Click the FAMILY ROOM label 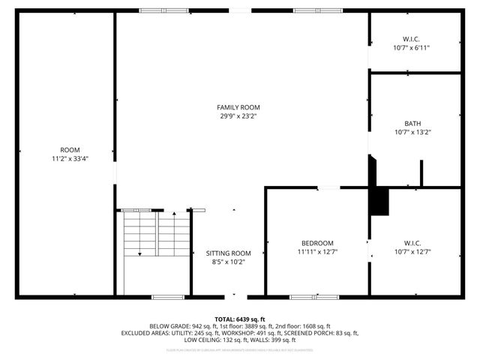(239, 107)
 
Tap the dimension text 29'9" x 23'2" (239, 116)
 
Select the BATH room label (412, 124)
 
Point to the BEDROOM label (316, 243)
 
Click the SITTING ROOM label (228, 253)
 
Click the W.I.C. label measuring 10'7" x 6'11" (412, 38)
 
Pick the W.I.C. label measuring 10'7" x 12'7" (412, 243)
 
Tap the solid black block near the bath (380, 201)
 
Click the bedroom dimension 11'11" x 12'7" (316, 252)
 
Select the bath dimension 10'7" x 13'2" (412, 133)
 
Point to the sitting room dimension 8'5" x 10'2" (228, 262)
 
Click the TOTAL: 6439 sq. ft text (239, 319)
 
